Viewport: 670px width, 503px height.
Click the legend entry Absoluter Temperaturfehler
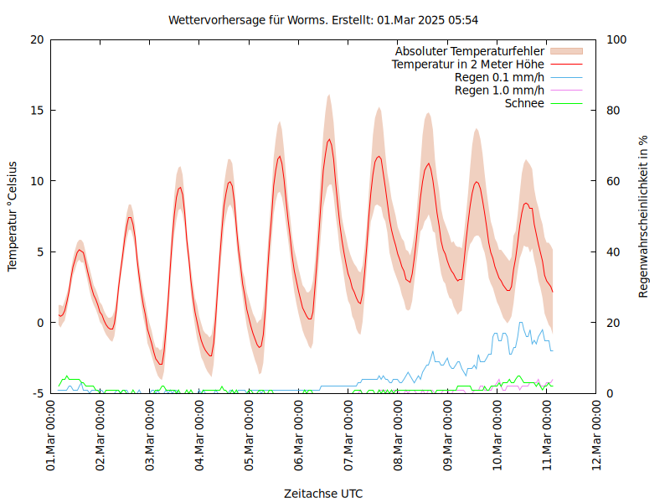point(470,50)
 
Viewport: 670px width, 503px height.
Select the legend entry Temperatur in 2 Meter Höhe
point(468,64)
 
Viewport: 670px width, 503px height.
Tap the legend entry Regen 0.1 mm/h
point(499,77)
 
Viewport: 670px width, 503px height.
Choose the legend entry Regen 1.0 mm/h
point(499,91)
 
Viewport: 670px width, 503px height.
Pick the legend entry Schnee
point(524,104)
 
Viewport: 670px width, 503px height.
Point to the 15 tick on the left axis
point(38,110)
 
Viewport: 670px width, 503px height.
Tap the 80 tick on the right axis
point(613,110)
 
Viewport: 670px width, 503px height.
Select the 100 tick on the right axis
point(616,39)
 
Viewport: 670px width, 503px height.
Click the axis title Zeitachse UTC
point(323,493)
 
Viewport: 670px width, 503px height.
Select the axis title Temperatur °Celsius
point(13,216)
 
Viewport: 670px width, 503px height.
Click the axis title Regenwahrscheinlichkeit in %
point(644,216)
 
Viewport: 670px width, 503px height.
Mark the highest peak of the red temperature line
point(329,139)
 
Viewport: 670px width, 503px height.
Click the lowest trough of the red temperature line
point(161,365)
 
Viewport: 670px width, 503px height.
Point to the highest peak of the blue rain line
point(520,322)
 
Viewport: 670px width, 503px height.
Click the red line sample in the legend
point(565,64)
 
